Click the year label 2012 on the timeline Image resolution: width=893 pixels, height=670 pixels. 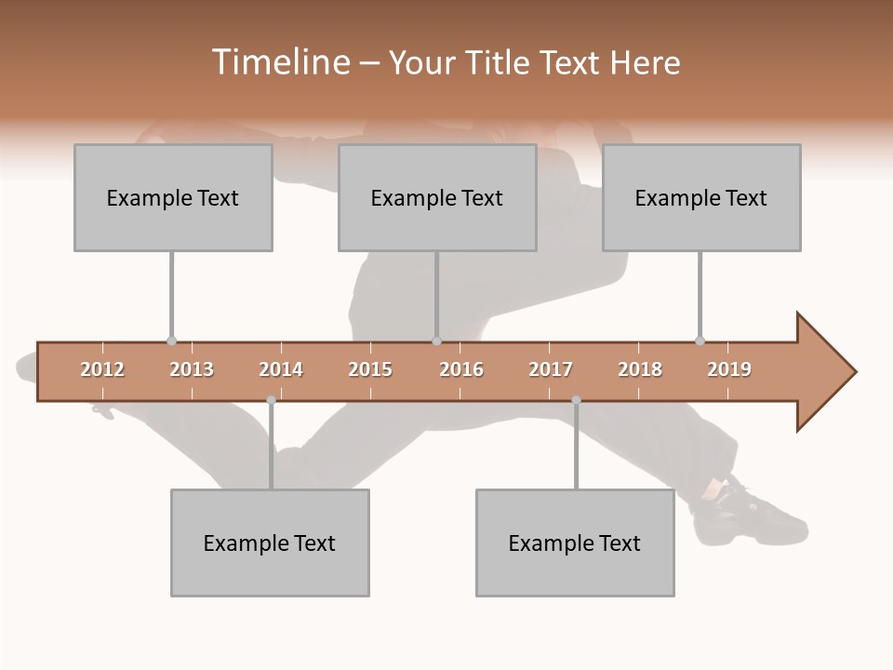(102, 369)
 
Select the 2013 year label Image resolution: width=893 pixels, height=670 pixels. (192, 369)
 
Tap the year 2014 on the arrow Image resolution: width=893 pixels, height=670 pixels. (281, 369)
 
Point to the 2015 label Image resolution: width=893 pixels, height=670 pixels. (370, 369)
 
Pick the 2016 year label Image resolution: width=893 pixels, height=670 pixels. (461, 369)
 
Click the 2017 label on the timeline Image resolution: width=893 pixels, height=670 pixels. (551, 369)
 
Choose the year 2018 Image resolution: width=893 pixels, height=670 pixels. (640, 369)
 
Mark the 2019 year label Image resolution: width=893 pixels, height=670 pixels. (729, 369)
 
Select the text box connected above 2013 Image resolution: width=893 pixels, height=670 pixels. (173, 197)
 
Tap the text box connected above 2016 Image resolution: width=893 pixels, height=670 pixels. (437, 197)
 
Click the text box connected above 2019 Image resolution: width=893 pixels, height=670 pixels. (701, 197)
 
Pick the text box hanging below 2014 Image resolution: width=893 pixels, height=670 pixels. (270, 543)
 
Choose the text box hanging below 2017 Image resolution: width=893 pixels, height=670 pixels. (575, 543)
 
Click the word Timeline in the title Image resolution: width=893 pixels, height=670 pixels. (279, 62)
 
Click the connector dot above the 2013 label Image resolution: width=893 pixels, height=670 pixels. (171, 342)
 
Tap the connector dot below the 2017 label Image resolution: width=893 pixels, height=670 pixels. (576, 400)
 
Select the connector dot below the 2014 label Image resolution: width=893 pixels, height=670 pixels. (271, 400)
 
